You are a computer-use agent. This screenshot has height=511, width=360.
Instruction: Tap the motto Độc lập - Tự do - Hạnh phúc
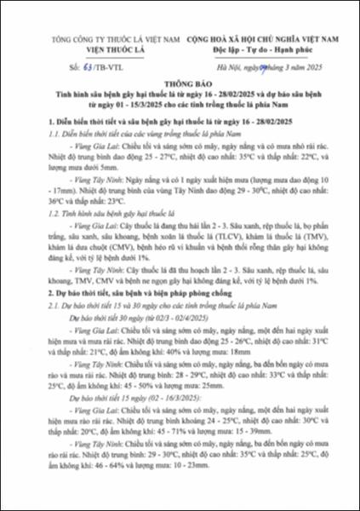(x=260, y=49)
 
